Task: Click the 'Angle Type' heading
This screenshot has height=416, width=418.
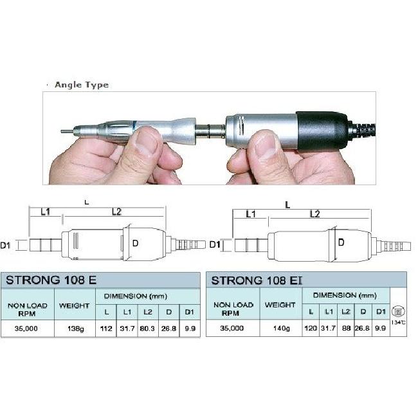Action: coord(82,85)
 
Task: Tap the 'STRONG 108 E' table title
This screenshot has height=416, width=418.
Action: coord(51,280)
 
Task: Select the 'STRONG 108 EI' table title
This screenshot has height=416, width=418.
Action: coord(257,280)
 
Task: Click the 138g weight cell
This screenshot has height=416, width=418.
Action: coord(75,329)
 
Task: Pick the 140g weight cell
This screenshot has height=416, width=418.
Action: coord(281,328)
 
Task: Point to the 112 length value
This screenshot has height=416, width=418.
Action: coord(106,329)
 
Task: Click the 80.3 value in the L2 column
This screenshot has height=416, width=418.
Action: coord(147,329)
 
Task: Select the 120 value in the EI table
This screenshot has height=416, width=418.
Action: coord(311,328)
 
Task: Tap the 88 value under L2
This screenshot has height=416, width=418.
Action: coord(346,328)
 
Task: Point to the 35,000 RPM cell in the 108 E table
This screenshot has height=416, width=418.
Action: coord(26,329)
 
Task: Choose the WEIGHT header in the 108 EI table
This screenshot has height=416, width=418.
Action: coord(280,305)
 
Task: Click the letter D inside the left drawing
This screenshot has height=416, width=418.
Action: coord(136,243)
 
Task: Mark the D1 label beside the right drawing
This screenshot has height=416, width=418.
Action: coord(215,244)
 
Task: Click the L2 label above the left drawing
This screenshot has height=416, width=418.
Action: coord(116,212)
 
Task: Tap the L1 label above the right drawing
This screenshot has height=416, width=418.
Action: coord(251,214)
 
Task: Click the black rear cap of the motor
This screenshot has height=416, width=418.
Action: coord(322,131)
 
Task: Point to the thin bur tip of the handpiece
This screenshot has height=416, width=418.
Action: coord(67,131)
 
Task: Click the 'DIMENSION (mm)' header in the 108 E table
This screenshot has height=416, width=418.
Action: coord(136,296)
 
